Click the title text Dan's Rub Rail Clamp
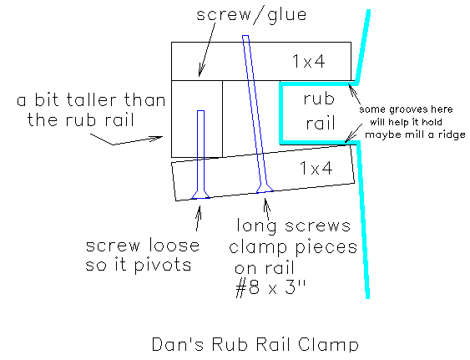click(255, 344)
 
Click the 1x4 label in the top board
click(308, 61)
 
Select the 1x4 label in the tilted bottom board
click(316, 168)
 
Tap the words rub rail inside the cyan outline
click(319, 111)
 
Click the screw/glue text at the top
click(251, 15)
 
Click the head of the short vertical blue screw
click(200, 195)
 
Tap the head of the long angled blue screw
click(265, 187)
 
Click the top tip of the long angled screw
click(245, 36)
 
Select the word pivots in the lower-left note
click(163, 266)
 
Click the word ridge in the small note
click(452, 134)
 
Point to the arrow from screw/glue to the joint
click(207, 49)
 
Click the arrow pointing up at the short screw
click(198, 218)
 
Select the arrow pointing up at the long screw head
click(267, 209)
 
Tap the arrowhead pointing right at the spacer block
click(158, 139)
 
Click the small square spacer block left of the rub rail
click(197, 119)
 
